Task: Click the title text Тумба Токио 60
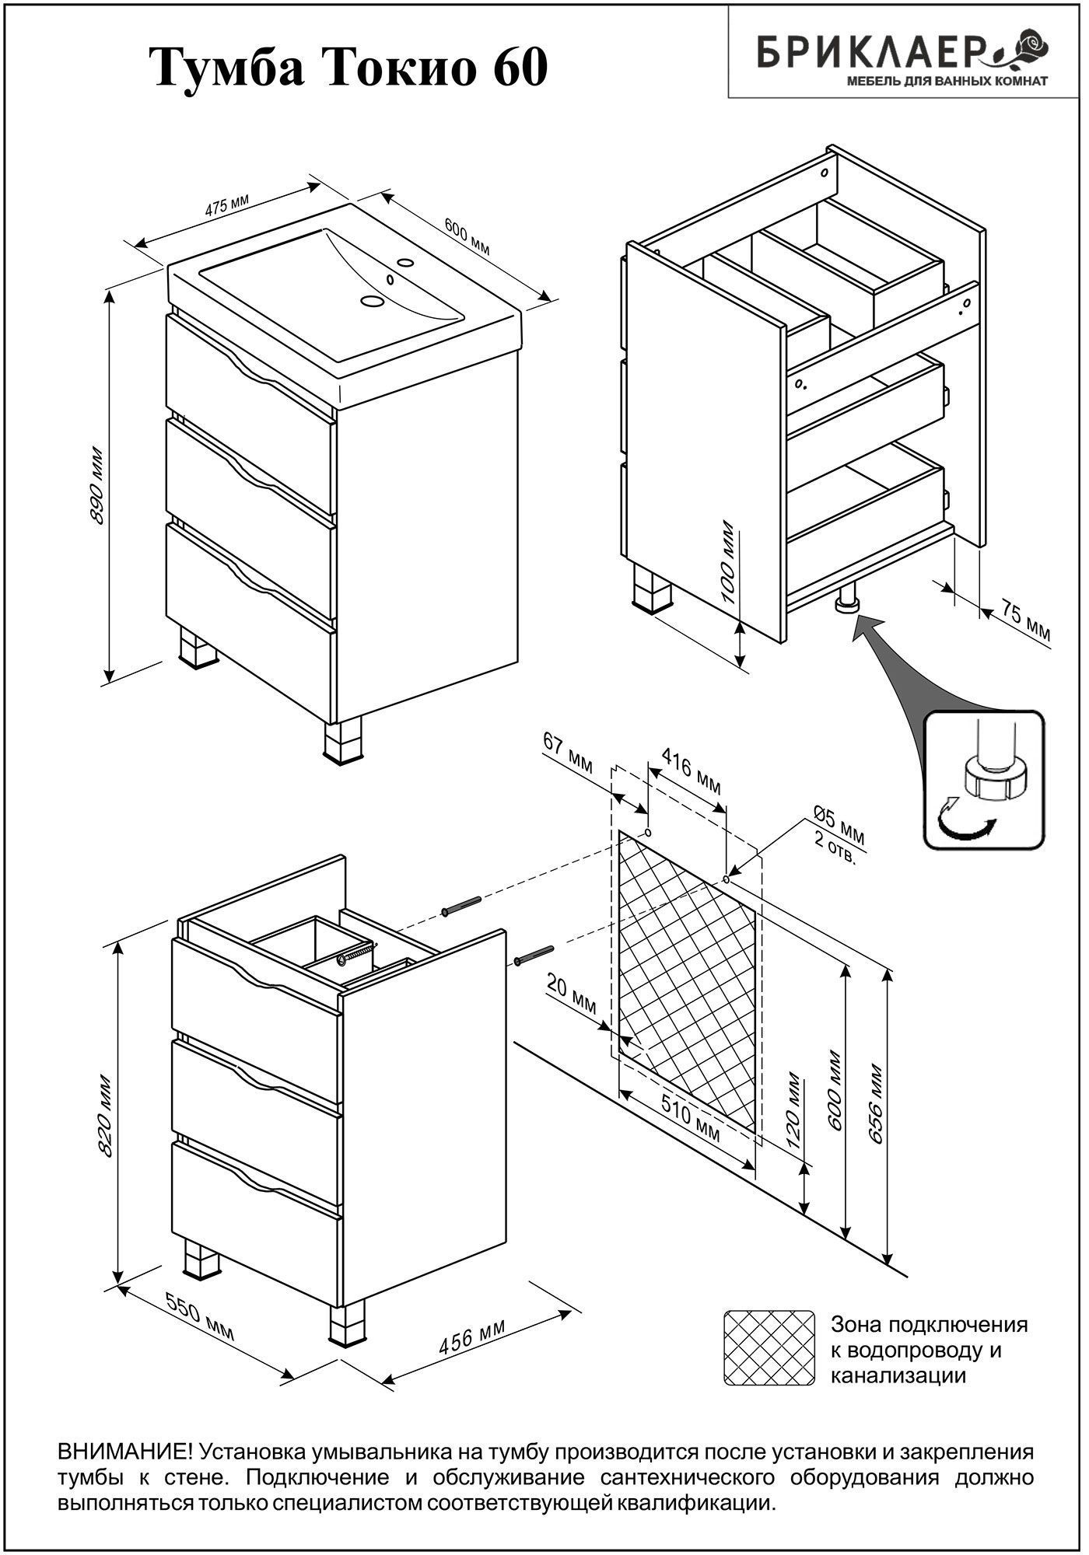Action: coord(348,68)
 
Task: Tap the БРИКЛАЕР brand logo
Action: coord(902,59)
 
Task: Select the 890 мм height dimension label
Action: coord(98,485)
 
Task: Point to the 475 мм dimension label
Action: coord(226,206)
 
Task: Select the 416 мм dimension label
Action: coord(691,771)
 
